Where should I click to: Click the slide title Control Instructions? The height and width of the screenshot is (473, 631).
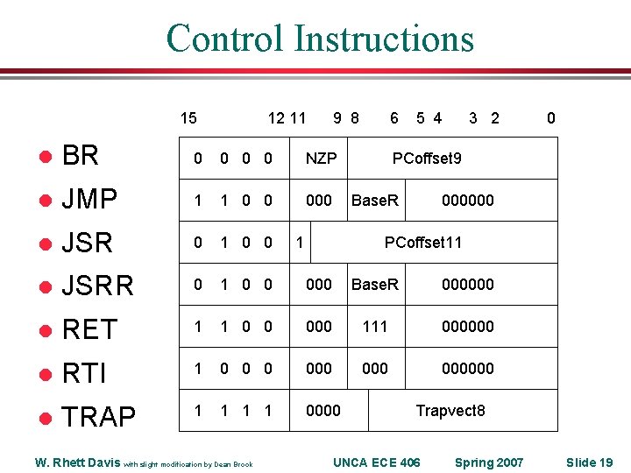tap(320, 39)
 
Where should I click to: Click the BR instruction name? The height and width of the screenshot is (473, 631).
tap(81, 156)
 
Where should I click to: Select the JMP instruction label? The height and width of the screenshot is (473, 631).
tap(89, 200)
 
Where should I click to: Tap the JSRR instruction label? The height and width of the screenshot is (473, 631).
tap(97, 286)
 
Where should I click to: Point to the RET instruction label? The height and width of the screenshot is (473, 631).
tap(89, 329)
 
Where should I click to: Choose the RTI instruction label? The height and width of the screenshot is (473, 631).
tap(84, 373)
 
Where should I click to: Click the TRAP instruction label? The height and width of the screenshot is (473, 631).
tap(99, 417)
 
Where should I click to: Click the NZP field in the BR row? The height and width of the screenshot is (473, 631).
tap(321, 159)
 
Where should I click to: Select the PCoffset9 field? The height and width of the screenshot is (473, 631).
tap(427, 159)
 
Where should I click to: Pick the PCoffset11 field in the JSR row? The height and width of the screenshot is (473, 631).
tap(423, 243)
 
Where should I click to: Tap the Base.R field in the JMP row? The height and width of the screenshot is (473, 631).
tap(374, 201)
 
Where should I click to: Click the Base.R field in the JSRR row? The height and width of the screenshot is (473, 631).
tap(374, 285)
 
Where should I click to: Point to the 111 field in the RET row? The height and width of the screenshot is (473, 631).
tap(374, 327)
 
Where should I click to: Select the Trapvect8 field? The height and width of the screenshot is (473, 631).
tap(450, 411)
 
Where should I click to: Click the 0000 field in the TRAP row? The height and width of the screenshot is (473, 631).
tap(323, 411)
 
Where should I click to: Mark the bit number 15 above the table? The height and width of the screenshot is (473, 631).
tap(188, 118)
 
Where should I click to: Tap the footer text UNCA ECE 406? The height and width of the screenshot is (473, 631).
tap(377, 462)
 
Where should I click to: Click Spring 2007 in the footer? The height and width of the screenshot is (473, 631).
tap(488, 462)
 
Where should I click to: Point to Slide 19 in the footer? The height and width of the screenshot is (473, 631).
tap(589, 462)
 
